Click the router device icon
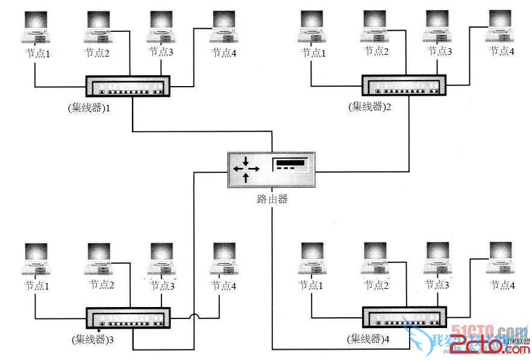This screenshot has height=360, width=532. coord(271,170)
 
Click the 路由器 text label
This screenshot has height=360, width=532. coord(272,199)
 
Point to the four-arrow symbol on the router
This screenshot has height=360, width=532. coord(246,170)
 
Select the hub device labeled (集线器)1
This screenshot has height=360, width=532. coord(128,87)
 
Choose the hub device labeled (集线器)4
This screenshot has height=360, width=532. coord(404,318)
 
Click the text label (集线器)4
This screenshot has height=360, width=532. coord(368,340)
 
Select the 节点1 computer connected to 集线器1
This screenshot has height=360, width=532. coord(35,27)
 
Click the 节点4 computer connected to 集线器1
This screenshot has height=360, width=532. coord(225,27)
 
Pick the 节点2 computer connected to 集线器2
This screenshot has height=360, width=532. coord(375,27)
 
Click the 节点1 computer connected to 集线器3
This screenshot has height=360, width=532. coord(35,259)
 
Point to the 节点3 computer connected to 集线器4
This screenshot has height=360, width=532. coord(437,259)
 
